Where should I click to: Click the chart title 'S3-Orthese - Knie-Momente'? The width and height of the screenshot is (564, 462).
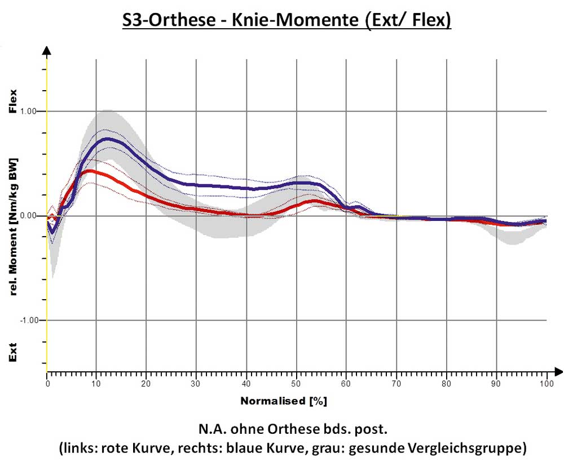[287, 21]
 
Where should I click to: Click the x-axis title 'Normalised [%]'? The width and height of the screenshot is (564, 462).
[284, 402]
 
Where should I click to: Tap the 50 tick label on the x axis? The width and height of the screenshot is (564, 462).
[296, 384]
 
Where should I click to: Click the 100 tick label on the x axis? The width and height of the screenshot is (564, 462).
[546, 384]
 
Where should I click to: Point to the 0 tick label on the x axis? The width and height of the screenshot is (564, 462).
[47, 384]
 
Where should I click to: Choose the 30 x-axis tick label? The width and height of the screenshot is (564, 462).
[196, 384]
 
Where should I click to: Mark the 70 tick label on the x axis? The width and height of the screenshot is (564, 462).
[396, 384]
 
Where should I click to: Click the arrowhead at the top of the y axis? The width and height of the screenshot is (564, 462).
[47, 51]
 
